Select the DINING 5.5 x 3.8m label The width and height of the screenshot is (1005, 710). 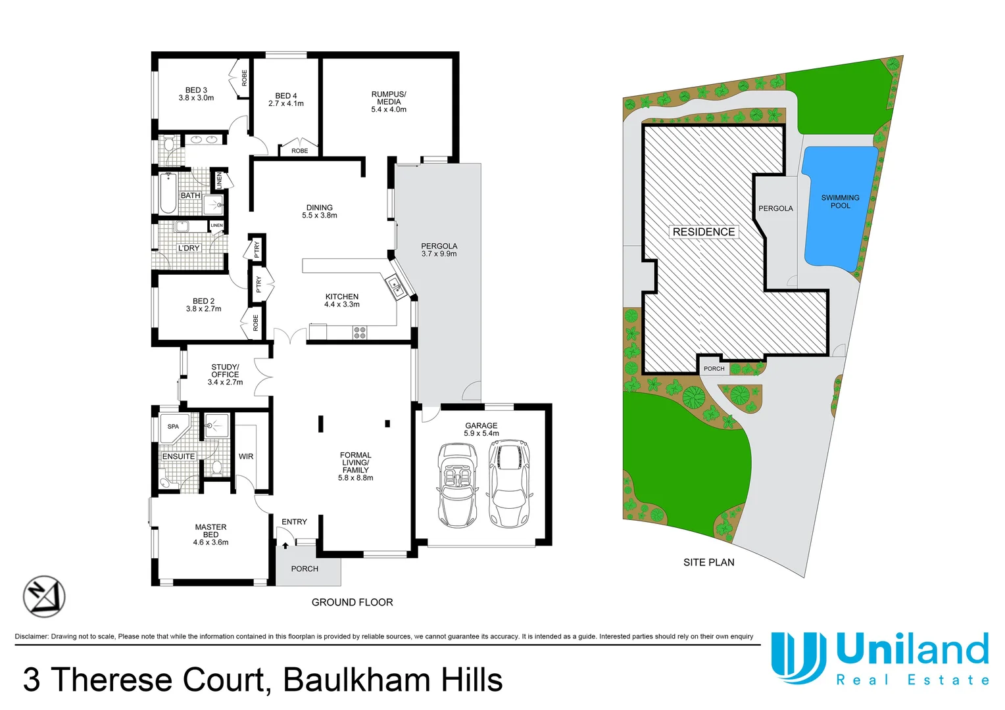pyautogui.click(x=320, y=211)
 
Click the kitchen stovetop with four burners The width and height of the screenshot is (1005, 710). pyautogui.click(x=360, y=333)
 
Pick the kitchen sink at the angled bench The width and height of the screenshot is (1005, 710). pyautogui.click(x=395, y=286)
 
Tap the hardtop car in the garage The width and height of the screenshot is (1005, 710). pyautogui.click(x=507, y=484)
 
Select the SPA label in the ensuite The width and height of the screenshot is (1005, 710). pyautogui.click(x=173, y=427)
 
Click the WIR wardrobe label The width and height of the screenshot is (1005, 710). pyautogui.click(x=246, y=456)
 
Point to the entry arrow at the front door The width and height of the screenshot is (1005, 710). pyautogui.click(x=285, y=544)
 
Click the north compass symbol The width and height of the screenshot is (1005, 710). pyautogui.click(x=44, y=596)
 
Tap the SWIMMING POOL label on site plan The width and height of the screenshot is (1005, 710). pyautogui.click(x=840, y=202)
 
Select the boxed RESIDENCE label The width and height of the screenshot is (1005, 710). pyautogui.click(x=703, y=232)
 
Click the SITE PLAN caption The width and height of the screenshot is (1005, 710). pyautogui.click(x=708, y=562)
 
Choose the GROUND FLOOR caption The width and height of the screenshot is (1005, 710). pyautogui.click(x=352, y=602)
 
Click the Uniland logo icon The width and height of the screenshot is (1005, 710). pyautogui.click(x=798, y=657)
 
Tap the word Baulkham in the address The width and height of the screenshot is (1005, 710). pyautogui.click(x=356, y=680)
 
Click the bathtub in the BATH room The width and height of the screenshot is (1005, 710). pyautogui.click(x=168, y=193)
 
